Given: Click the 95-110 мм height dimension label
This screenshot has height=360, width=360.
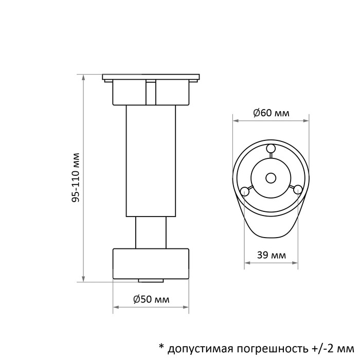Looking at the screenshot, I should click(x=76, y=178).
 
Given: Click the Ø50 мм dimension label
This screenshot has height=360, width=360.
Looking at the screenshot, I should click(x=151, y=299).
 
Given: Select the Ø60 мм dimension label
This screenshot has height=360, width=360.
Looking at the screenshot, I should click(x=271, y=113).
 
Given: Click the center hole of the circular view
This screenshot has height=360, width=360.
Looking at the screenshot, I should click(x=271, y=177).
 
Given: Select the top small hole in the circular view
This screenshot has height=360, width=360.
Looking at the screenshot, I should click(x=271, y=149).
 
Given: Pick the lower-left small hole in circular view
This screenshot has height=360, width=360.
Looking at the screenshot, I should click(x=245, y=191).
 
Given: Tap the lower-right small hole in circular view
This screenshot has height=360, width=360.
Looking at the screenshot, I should click(x=297, y=190).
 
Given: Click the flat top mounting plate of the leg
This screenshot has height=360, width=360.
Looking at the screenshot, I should click(x=151, y=78).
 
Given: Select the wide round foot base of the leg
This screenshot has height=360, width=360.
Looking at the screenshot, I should click(x=151, y=264).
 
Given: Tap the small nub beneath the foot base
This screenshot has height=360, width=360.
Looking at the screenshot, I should click(x=151, y=281).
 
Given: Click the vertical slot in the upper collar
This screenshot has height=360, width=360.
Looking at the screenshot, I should click(x=151, y=93).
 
